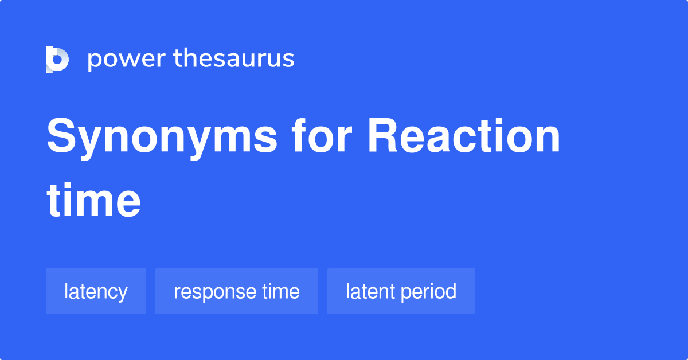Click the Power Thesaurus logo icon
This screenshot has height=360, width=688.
57,59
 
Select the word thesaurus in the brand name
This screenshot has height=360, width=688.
234,59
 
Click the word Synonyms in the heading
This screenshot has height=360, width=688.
162,139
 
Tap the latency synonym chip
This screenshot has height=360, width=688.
96,291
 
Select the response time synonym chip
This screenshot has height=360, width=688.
236,291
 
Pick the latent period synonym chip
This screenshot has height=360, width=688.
401,291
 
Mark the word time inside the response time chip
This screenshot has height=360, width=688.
281,291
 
